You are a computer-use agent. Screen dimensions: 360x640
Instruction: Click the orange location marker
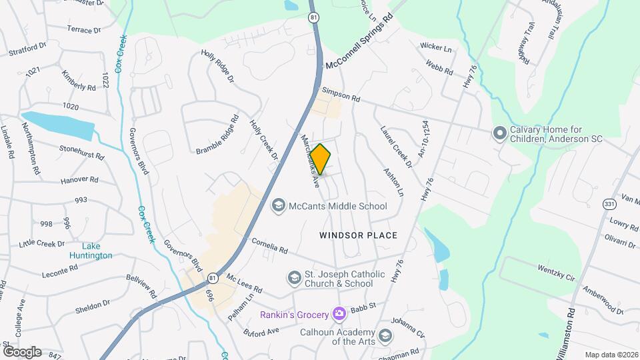pos(321,159)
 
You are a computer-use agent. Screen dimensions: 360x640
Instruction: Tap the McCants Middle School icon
pos(277,206)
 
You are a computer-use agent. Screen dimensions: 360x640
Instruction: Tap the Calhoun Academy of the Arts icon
pos(385,335)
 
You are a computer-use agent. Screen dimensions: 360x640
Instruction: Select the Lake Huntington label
pos(91,251)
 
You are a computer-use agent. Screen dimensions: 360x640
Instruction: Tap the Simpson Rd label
pos(341,95)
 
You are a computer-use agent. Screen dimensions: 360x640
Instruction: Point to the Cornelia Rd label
pos(269,246)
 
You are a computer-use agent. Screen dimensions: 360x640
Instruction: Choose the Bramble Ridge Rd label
pos(217,135)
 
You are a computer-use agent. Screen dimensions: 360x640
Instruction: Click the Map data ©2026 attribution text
pos(611,355)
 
